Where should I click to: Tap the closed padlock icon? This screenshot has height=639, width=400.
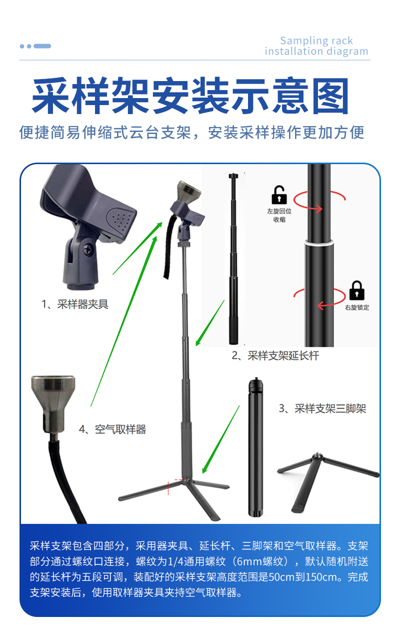(x=356, y=290)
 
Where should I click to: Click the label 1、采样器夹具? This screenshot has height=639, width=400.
(x=74, y=304)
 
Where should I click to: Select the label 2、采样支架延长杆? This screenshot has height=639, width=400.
(x=275, y=356)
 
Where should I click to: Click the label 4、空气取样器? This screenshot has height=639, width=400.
(x=112, y=429)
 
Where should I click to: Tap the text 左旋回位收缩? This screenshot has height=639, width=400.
(x=279, y=215)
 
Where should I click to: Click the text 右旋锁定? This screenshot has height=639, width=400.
(x=357, y=307)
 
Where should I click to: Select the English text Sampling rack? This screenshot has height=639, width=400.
(x=316, y=41)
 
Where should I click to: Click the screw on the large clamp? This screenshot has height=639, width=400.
(x=89, y=248)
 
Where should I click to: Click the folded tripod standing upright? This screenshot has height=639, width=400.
(x=255, y=448)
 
